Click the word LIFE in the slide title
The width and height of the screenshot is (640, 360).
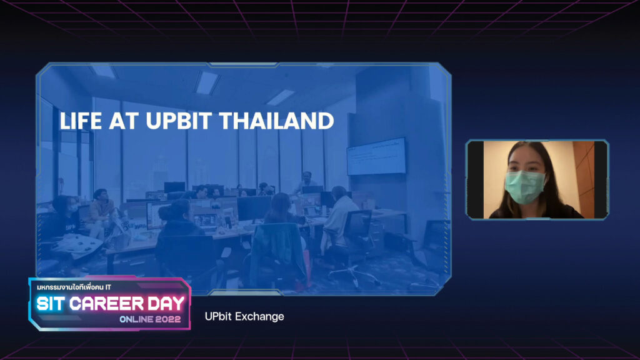(81, 121)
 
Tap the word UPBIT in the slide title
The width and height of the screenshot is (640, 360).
(179, 121)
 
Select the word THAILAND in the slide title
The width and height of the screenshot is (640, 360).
(277, 121)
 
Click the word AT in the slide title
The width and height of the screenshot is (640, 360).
(124, 121)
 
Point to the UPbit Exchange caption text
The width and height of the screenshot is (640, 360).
(244, 316)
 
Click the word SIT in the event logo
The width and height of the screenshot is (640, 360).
(50, 304)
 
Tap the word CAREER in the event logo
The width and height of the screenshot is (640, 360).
(106, 304)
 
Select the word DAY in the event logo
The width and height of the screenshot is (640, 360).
(166, 304)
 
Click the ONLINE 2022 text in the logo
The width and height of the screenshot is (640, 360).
(150, 319)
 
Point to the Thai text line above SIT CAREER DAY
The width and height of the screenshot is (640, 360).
(74, 287)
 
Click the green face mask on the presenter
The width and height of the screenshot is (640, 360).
(525, 187)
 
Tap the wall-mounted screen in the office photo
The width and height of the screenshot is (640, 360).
(376, 157)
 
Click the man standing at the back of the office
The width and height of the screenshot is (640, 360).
(306, 182)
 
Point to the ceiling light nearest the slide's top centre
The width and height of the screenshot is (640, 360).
(207, 83)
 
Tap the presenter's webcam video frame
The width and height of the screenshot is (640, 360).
(537, 179)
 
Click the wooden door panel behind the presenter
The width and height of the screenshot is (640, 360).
(584, 179)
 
